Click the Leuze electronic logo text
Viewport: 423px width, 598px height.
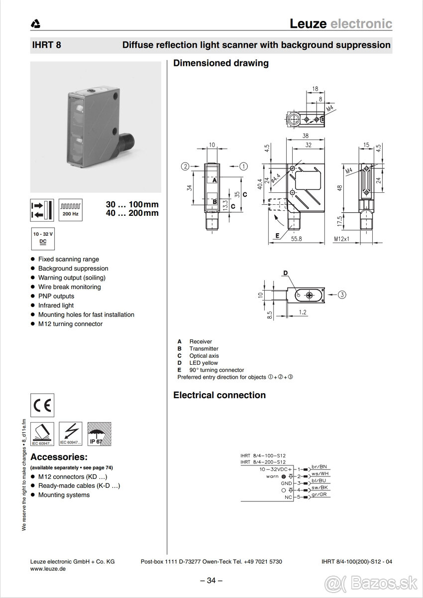(341, 23)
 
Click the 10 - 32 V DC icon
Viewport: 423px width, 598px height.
(43, 238)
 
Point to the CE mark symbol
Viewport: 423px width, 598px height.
(42, 405)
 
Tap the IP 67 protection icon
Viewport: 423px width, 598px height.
(99, 434)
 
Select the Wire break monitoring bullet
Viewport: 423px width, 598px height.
(69, 287)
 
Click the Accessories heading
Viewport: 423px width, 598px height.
(59, 457)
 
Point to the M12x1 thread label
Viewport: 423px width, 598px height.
(341, 239)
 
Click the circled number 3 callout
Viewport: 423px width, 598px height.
(342, 295)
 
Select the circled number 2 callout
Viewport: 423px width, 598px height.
(185, 166)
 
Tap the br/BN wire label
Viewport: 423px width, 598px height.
(319, 466)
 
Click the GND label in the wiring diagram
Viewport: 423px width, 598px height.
(286, 483)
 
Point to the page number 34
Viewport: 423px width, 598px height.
(211, 580)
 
